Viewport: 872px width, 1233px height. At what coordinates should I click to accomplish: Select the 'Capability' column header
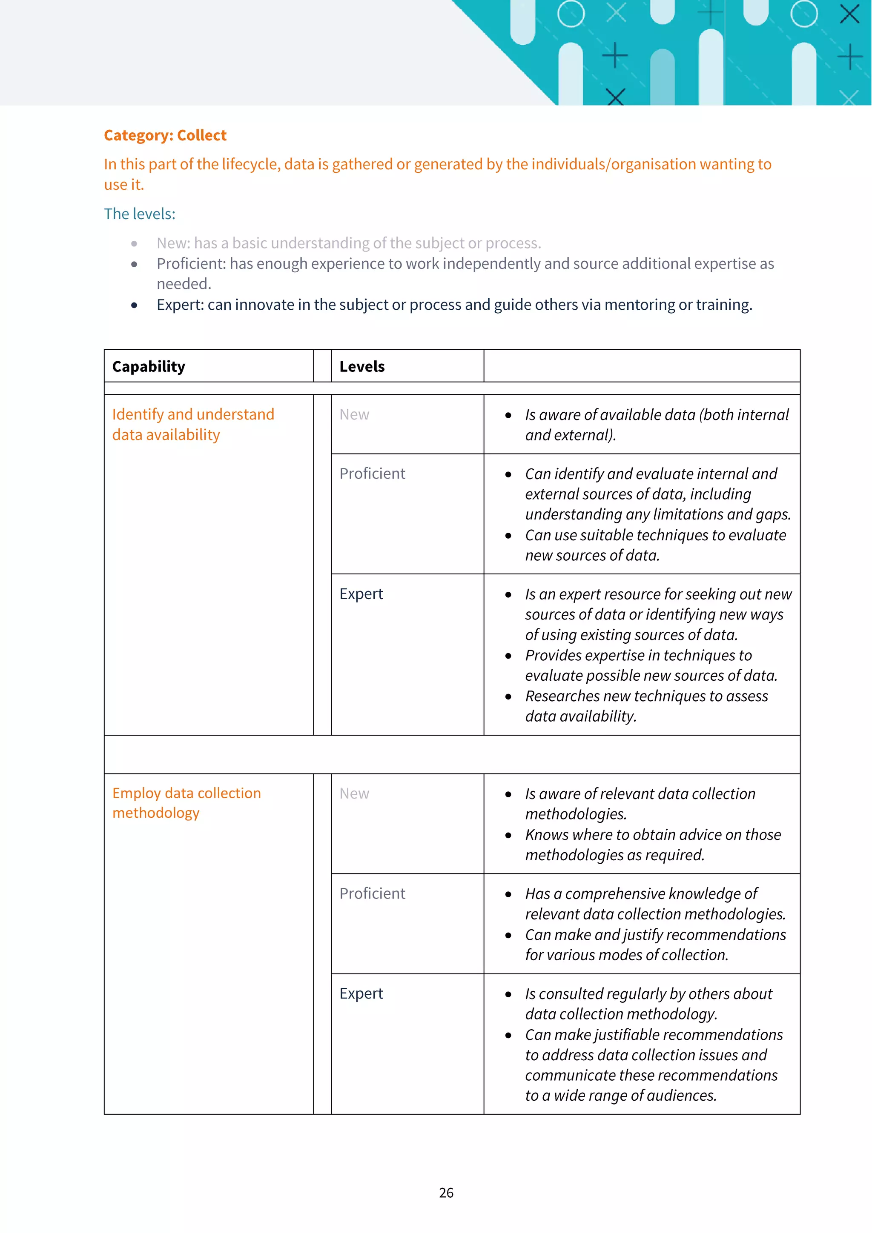(x=149, y=367)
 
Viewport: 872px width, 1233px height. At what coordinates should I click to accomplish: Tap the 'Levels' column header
(x=361, y=367)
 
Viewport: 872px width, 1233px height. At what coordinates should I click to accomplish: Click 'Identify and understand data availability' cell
(x=193, y=424)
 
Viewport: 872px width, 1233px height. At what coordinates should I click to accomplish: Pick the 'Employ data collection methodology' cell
(x=186, y=803)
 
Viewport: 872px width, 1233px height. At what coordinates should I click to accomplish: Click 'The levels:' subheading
(x=140, y=214)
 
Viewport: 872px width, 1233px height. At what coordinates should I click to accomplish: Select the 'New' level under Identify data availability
(x=354, y=414)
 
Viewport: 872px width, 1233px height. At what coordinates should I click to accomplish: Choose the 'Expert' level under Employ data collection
(x=361, y=993)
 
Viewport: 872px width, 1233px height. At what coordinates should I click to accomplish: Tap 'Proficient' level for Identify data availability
(x=372, y=474)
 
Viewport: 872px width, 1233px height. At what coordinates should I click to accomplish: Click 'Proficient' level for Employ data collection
(x=372, y=893)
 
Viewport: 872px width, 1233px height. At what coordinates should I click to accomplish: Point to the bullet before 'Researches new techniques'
(x=508, y=697)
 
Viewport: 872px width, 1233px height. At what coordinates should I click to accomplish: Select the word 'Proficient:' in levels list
(x=191, y=264)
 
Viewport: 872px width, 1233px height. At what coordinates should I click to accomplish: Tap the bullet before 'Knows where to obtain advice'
(x=508, y=836)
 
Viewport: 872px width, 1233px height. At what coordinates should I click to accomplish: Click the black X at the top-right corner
(x=849, y=14)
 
